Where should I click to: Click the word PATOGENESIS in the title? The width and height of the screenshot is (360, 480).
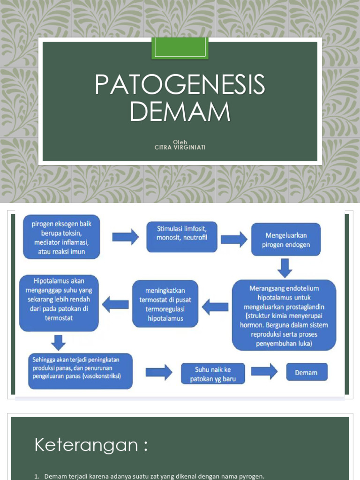pos(180,85)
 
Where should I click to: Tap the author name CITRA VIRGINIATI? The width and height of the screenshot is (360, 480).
pos(180,147)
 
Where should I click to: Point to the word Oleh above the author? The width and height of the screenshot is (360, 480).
pos(180,142)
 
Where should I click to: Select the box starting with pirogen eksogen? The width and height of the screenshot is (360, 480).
pos(61,238)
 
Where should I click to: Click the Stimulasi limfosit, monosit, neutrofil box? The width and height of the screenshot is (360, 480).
pos(181,233)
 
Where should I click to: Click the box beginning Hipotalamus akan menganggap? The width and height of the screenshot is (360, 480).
pos(59,303)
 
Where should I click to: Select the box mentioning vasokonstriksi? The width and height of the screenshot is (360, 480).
pos(80,371)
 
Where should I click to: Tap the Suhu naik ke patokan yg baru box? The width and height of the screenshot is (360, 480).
pos(213,373)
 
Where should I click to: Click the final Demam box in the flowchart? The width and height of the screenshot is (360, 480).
pos(307,373)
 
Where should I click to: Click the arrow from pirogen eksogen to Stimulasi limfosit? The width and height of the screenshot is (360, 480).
pos(125,237)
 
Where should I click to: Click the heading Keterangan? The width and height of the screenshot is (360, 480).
pos(91,445)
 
